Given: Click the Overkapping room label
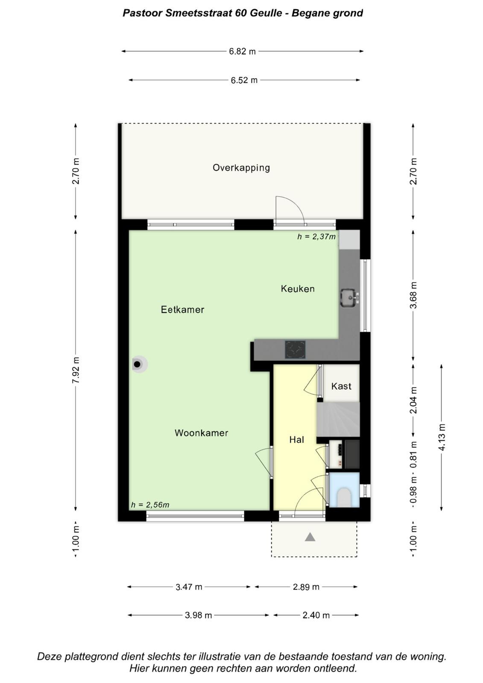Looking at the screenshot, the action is [241, 168].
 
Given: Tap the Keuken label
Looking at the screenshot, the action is [298, 289].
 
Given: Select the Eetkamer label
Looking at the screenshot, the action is [182, 309].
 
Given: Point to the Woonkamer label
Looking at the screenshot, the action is [202, 433].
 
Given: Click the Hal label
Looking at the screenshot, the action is [296, 439].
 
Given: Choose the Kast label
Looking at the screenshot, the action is [341, 386].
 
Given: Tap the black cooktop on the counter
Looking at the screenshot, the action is [295, 350].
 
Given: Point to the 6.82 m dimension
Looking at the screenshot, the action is [242, 51].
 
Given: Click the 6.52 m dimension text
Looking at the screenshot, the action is [244, 80].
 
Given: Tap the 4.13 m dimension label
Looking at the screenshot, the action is [442, 437].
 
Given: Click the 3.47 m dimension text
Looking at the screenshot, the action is [189, 587].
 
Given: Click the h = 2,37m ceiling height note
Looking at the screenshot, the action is [316, 236].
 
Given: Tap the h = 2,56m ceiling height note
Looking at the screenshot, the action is [150, 505].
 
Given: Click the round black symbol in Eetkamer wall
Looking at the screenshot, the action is [138, 364].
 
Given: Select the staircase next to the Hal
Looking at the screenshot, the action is [338, 419].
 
